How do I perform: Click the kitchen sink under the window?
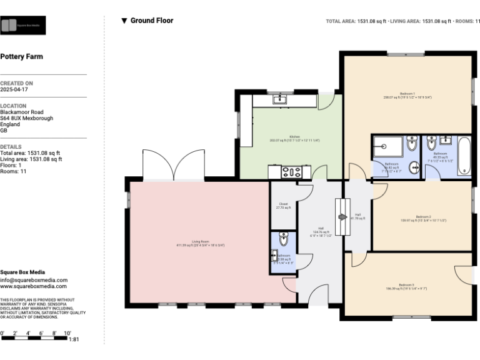coord(279,99)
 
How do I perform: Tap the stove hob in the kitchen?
coord(292,171)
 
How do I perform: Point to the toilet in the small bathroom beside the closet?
coord(283,239)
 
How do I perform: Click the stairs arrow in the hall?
coord(342,217)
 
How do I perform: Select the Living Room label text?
coord(200,242)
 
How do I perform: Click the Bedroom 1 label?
coord(407,94)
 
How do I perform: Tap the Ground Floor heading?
coord(151,21)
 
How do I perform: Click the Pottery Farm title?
coord(21,56)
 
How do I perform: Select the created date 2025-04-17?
coord(14,89)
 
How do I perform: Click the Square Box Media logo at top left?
coord(23,25)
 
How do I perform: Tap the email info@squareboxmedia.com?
coord(34,280)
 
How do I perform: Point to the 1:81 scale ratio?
coord(74,339)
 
